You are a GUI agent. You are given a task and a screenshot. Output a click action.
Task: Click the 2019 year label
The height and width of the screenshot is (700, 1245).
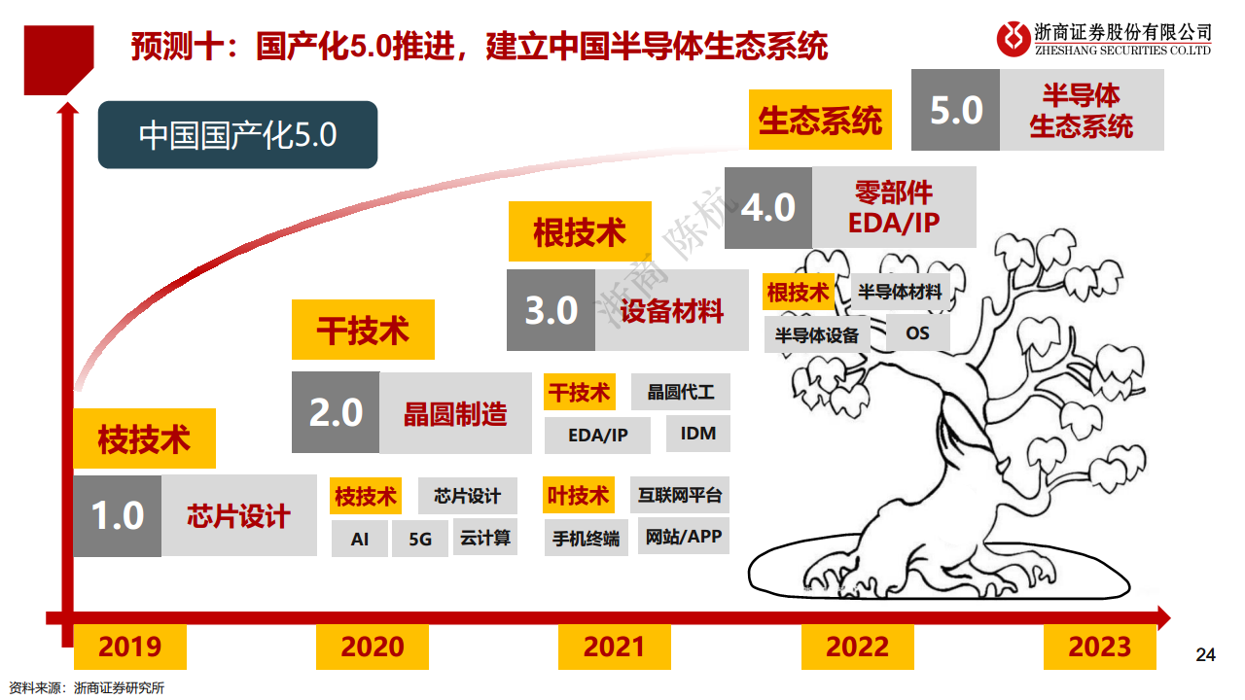click(129, 647)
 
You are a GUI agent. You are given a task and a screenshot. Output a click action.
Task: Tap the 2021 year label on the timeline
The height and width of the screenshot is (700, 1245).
click(615, 647)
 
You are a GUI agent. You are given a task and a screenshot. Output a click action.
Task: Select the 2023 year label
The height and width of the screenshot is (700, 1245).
click(1100, 647)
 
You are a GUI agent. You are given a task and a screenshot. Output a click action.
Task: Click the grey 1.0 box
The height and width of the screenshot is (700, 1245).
click(118, 515)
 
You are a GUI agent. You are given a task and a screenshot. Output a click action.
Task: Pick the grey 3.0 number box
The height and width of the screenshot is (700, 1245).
click(551, 310)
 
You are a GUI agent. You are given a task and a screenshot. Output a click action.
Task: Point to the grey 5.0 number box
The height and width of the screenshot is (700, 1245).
click(955, 110)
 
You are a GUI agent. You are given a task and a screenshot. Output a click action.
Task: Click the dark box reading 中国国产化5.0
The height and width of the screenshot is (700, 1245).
click(237, 134)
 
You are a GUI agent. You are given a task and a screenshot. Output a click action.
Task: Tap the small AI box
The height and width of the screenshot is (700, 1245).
click(360, 539)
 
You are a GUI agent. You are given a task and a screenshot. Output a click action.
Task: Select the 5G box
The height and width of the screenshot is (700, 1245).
click(420, 539)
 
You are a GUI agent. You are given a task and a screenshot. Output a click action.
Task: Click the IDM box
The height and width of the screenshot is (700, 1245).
click(697, 434)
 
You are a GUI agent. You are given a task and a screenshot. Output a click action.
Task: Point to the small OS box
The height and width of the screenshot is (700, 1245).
click(917, 333)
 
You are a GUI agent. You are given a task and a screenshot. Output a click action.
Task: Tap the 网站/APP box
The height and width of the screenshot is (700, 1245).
click(684, 536)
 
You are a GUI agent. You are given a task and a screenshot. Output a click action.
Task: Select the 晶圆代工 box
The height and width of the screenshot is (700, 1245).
click(681, 392)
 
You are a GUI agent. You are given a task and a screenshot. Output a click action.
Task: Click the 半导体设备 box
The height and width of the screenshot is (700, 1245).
click(817, 335)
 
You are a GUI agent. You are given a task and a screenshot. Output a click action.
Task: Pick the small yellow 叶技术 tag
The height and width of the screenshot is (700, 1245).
click(578, 496)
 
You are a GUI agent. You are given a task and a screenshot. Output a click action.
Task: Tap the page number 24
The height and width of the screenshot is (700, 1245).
click(1205, 654)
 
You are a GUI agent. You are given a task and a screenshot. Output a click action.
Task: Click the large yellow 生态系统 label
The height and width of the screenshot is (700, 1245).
click(820, 121)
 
